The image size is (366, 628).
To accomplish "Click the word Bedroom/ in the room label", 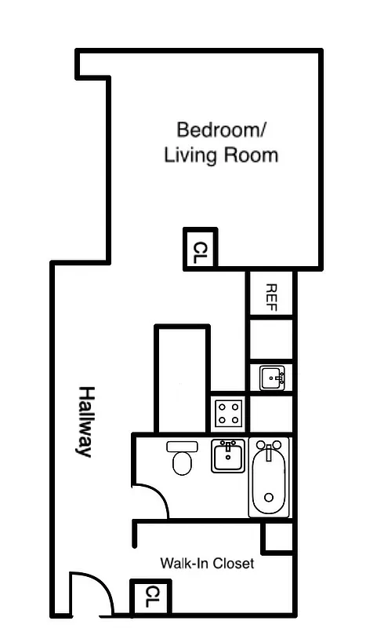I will (221, 129).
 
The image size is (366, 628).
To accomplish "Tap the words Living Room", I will (221, 155).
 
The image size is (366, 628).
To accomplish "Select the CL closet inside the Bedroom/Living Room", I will (201, 249).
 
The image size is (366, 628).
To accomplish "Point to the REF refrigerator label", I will (271, 295).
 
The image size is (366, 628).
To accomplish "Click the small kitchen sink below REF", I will (272, 378).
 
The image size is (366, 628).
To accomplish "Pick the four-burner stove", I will (228, 414).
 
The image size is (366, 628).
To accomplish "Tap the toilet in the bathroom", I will (183, 458).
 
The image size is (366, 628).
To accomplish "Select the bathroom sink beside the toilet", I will (228, 456).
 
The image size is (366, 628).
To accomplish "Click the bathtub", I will (270, 479).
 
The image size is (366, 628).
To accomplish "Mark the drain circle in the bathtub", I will (269, 497).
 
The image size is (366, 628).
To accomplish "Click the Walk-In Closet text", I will (207, 563).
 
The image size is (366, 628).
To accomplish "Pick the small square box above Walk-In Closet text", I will (277, 537).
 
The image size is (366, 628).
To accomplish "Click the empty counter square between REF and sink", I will (271, 339).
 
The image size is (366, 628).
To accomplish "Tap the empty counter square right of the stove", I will (271, 414).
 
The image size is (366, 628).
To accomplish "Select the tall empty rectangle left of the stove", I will (182, 378).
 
